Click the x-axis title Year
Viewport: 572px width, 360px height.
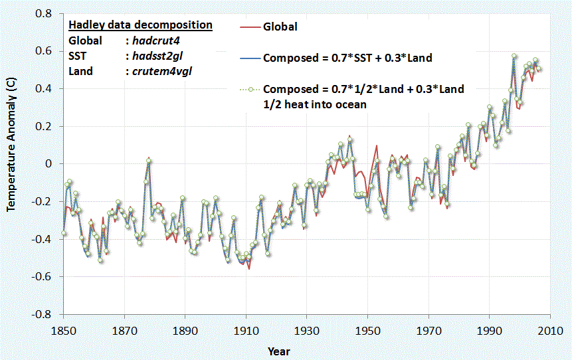278,351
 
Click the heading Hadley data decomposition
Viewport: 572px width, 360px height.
140,25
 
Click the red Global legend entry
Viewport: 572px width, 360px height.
280,27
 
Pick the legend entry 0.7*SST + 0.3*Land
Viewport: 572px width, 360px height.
347,58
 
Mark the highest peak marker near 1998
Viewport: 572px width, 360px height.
514,56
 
